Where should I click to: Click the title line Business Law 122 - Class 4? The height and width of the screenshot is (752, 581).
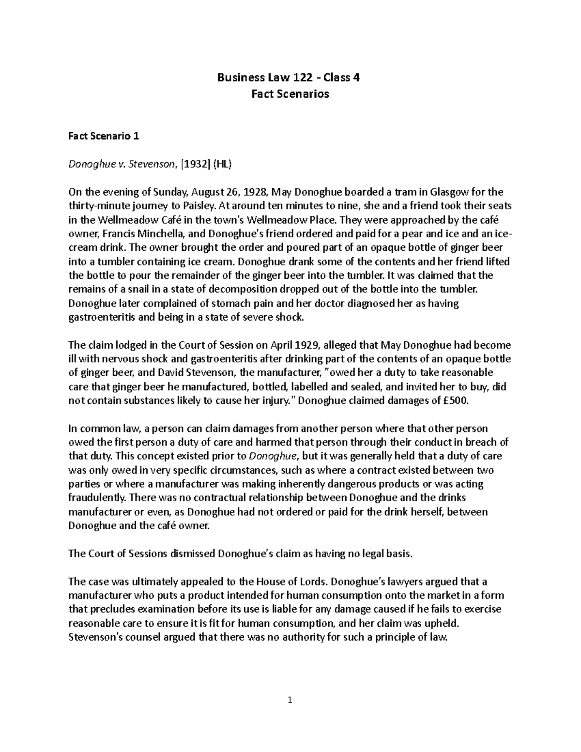pos(290,77)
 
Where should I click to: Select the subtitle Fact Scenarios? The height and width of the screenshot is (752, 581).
pos(290,94)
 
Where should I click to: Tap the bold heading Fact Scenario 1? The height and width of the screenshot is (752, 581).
pos(104,136)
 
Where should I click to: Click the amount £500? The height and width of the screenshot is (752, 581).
pos(456,401)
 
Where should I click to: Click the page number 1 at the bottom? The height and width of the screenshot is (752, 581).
pos(290,700)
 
